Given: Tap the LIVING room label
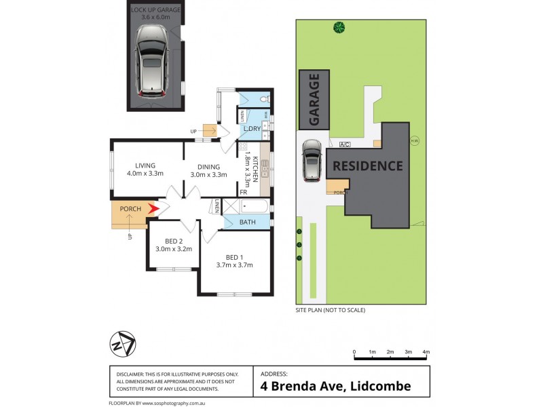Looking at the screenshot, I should click(145, 166).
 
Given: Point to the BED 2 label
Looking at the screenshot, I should click(174, 241).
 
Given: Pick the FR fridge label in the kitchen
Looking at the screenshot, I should click(243, 193).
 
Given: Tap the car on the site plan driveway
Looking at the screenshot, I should click(312, 161).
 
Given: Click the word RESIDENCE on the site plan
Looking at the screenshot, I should click(367, 166).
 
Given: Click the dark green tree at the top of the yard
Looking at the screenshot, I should click(338, 28).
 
